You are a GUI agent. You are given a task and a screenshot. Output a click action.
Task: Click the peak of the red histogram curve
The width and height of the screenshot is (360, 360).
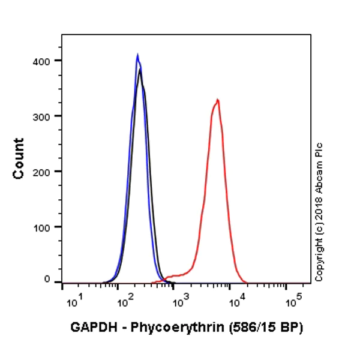click(x=218, y=100)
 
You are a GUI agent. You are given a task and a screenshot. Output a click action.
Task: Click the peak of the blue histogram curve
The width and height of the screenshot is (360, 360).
click(x=137, y=55)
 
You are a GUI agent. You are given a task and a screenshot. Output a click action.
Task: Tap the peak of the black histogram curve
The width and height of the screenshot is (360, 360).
click(x=140, y=70)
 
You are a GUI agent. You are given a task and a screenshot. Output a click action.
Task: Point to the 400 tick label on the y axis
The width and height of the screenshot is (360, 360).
click(x=43, y=61)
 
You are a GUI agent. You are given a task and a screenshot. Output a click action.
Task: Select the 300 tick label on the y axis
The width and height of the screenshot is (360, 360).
click(x=43, y=116)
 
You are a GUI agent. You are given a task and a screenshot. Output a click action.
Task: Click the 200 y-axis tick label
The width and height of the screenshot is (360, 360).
click(x=43, y=172)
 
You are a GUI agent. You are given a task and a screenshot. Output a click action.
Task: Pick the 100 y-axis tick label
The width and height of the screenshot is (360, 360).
click(x=43, y=227)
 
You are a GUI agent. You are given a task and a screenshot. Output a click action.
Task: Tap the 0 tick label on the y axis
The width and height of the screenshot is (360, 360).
click(x=47, y=280)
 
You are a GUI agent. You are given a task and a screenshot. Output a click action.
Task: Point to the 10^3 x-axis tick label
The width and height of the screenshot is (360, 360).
click(x=179, y=298)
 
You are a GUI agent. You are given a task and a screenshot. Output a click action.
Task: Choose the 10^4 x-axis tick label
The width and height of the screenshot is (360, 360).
click(x=236, y=298)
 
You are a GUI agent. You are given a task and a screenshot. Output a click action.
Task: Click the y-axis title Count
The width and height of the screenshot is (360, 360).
click(x=19, y=158)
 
